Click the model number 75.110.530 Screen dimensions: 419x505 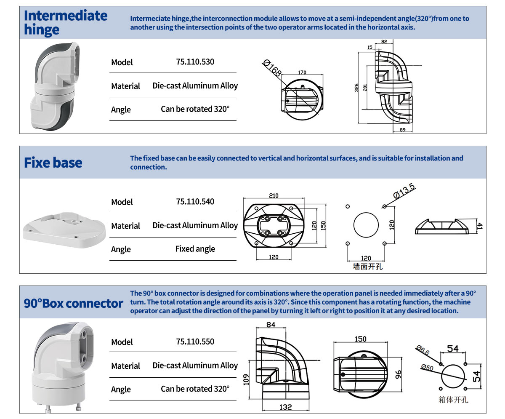(x=195, y=62)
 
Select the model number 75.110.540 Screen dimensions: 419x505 (x=195, y=202)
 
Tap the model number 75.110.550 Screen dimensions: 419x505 (x=195, y=342)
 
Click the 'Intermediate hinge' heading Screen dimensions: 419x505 (x=66, y=22)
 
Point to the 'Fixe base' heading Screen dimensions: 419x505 (x=53, y=163)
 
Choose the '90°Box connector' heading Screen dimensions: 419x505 (x=74, y=303)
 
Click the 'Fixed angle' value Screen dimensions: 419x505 (x=195, y=249)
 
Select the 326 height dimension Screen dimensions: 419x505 (x=357, y=88)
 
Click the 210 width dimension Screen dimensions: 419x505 (x=273, y=196)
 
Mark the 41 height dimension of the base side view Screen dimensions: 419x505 (x=480, y=226)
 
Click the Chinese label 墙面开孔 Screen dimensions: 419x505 (x=367, y=267)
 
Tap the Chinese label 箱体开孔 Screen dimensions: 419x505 (x=453, y=400)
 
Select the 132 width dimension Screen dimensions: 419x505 (x=286, y=407)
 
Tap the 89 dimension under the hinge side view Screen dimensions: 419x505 (x=402, y=130)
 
